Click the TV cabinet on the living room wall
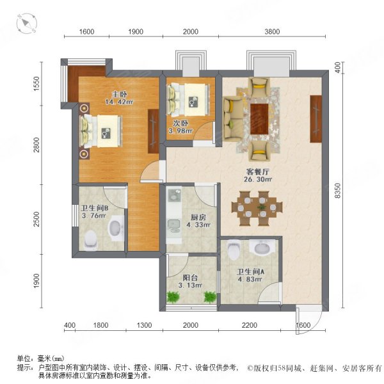[x=315, y=118]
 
